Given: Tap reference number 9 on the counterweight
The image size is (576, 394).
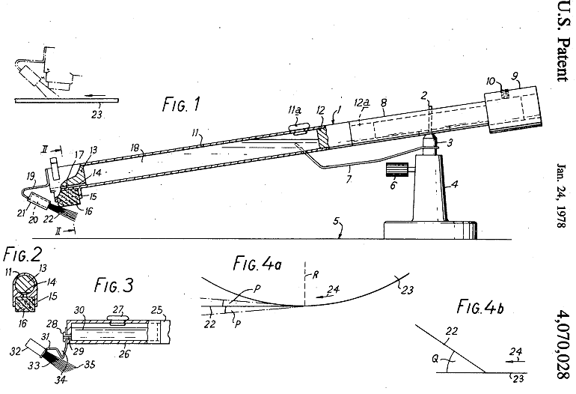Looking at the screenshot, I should (x=515, y=76).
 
